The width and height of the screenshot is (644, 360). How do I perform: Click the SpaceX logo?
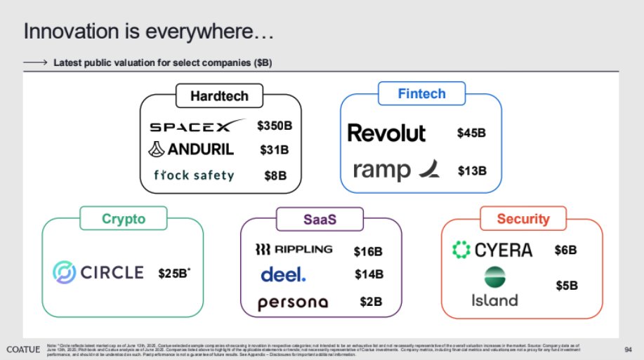tap(199, 127)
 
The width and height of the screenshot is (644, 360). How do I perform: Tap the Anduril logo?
tap(192, 149)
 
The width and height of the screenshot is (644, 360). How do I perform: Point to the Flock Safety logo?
tap(193, 175)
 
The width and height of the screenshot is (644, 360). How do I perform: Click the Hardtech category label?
tap(219, 97)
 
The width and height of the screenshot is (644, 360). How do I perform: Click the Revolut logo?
tap(387, 132)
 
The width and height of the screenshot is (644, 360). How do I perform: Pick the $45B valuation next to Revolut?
tap(471, 133)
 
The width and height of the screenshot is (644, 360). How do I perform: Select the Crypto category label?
tap(122, 218)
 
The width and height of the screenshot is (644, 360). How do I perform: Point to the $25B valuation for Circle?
tap(174, 272)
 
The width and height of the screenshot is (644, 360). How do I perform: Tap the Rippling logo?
tap(294, 250)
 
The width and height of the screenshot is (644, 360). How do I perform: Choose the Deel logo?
tap(283, 275)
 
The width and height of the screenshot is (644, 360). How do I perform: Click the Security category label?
tap(522, 219)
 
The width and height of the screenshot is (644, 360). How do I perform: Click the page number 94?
tap(629, 349)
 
